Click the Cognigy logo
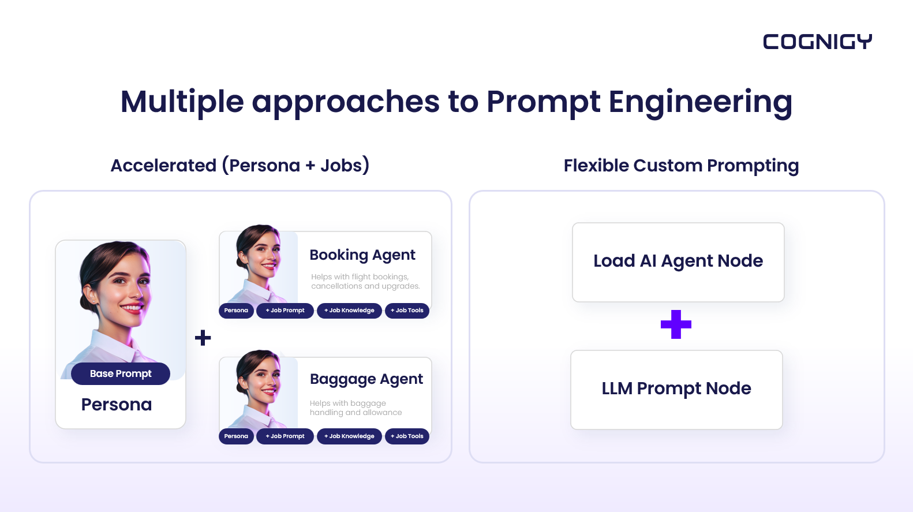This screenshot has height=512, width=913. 817,42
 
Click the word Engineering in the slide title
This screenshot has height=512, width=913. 700,103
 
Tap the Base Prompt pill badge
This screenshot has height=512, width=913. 121,373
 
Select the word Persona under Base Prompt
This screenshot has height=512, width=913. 117,405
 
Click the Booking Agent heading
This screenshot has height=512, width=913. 362,255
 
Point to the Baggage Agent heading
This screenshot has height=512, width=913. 366,379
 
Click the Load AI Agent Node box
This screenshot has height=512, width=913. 678,262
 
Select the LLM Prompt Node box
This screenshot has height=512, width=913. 676,390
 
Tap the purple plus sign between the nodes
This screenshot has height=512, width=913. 676,324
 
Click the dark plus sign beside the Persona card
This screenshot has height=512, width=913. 203,338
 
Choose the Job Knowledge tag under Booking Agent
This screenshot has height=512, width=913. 349,311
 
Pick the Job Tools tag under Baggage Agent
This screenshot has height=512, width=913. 407,436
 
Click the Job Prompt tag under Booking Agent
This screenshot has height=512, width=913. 285,311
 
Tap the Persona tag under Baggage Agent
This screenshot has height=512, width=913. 236,436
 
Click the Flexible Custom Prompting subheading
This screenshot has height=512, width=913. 681,166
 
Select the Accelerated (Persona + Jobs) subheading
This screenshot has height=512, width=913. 240,166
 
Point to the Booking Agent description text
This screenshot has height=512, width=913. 365,281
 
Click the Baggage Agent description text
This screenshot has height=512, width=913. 356,408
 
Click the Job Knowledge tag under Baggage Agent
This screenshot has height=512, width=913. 349,436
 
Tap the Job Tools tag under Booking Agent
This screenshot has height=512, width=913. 407,311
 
